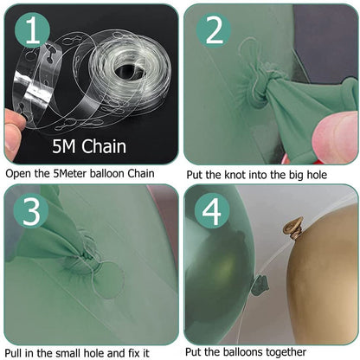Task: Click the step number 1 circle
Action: [32, 31]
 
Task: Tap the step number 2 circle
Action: [214, 31]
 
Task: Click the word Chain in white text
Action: [104, 146]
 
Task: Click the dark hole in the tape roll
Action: [130, 72]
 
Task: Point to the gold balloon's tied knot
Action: [294, 228]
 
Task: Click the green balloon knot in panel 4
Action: [260, 285]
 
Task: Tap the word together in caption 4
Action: [286, 352]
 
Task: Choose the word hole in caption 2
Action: [317, 175]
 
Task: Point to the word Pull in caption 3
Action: [13, 353]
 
